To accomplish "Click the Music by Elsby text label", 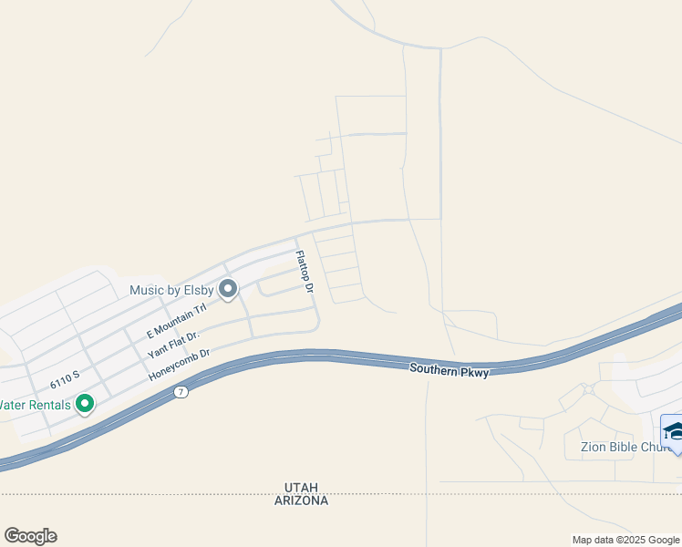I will [x=171, y=291].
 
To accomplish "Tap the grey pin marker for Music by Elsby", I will [x=228, y=289].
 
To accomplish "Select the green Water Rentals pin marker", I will [x=85, y=402].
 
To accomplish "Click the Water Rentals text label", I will [x=36, y=404].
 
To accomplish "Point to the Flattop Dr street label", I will [x=304, y=272].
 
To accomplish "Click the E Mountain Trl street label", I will [x=177, y=318].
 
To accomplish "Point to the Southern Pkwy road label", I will [x=449, y=369].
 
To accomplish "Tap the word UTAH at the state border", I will [x=300, y=488].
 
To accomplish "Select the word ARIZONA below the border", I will [x=300, y=501].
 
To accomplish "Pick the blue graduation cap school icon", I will [x=673, y=431].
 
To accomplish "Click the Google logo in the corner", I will [x=30, y=536].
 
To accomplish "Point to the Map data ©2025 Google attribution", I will [x=625, y=540].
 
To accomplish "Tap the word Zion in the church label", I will [x=594, y=448].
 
